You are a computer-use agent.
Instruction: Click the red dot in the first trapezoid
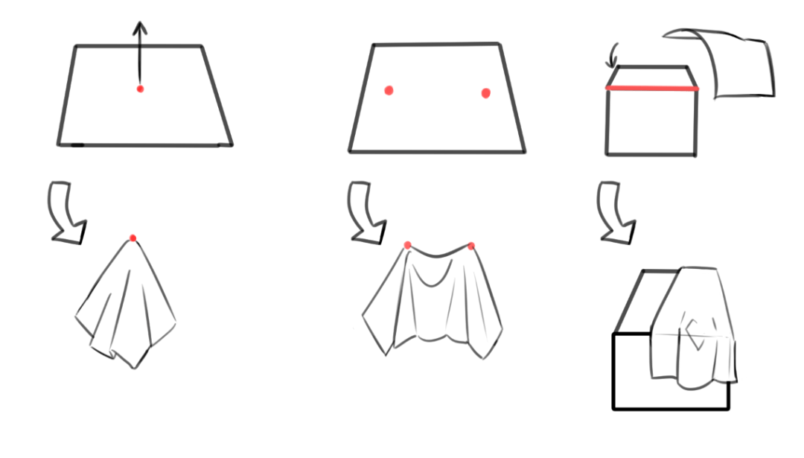[140, 89]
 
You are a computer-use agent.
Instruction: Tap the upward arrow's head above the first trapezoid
[139, 27]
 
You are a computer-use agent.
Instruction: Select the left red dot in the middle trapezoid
[389, 90]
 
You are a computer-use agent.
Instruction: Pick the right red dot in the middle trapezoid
[486, 93]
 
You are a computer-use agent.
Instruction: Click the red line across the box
[652, 89]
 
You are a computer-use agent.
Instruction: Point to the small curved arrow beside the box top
[613, 54]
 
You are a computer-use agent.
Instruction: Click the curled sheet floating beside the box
[737, 66]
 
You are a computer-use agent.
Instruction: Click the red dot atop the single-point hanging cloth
[133, 238]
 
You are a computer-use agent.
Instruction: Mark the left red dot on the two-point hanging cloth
[407, 245]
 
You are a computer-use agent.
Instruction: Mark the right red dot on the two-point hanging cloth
[471, 246]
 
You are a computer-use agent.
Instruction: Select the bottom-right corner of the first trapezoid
[231, 144]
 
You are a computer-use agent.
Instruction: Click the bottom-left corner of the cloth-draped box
[614, 409]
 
